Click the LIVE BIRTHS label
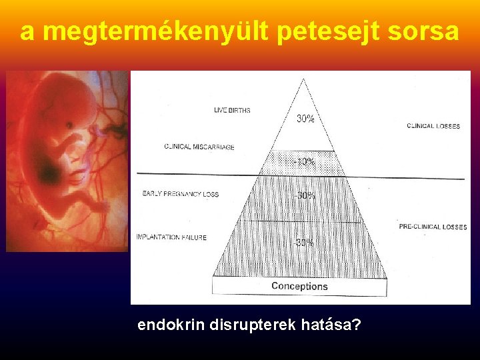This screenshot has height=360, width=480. point(232,110)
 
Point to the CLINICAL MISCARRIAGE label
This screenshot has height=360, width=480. point(199,147)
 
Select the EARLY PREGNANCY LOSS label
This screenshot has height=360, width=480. point(180,194)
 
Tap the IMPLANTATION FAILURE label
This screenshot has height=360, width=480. point(171,237)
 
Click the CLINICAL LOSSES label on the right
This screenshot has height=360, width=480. point(433,126)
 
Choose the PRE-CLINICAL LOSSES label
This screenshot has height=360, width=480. point(433,227)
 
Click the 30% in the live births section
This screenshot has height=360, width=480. point(305,119)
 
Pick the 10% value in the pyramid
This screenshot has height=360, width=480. point(305,162)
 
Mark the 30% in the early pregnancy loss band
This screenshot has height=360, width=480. point(305,196)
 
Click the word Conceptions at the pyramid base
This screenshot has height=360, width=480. point(299,286)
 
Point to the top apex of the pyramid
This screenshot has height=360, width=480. point(303,79)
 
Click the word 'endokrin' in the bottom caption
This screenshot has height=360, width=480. point(171,325)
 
